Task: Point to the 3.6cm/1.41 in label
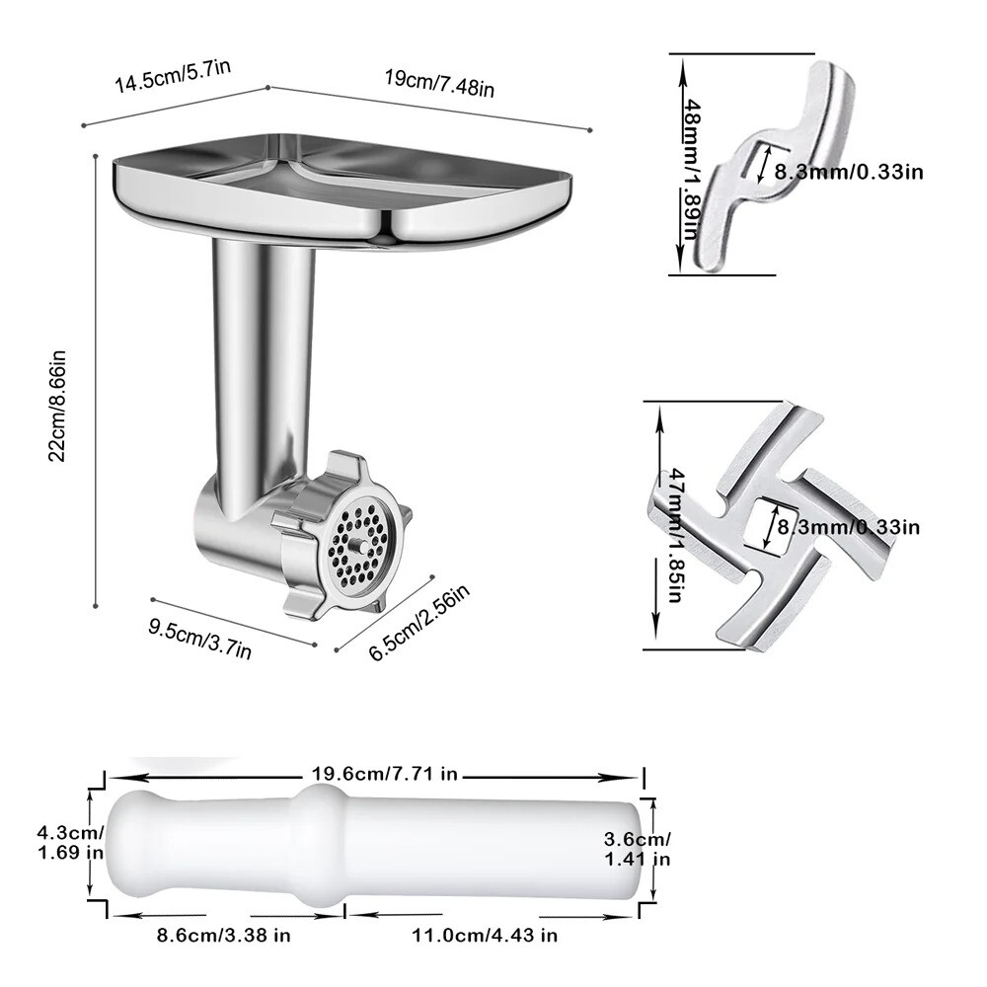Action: [x=637, y=849]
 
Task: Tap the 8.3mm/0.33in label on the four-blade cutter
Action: [x=849, y=527]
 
